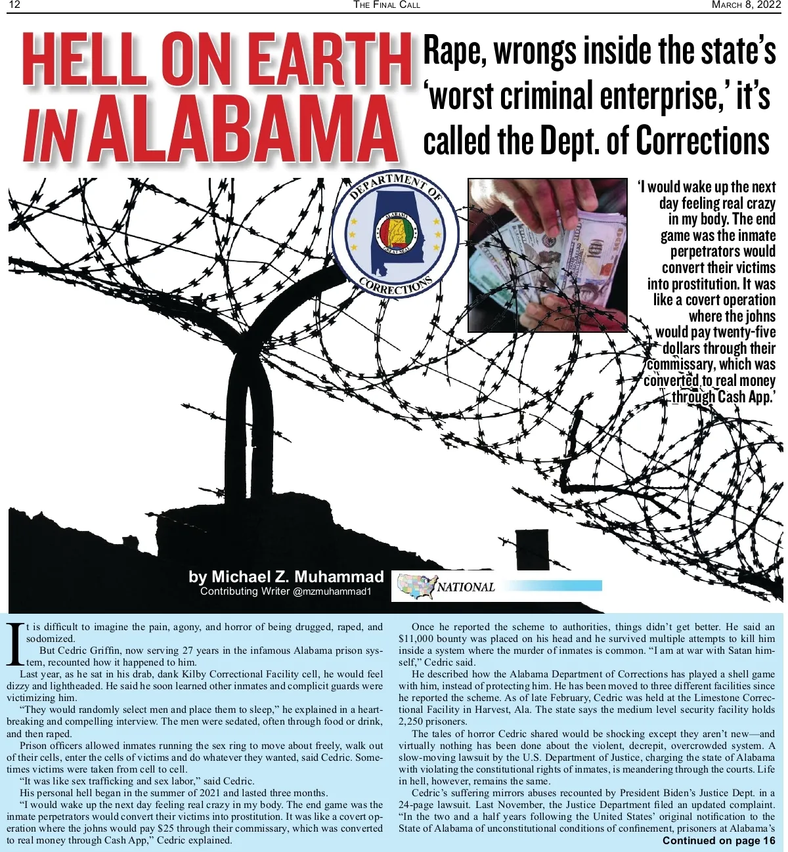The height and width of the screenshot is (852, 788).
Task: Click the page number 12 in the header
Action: click(14, 5)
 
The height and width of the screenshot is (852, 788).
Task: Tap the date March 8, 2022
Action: click(746, 5)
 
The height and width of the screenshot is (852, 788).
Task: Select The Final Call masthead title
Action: click(387, 5)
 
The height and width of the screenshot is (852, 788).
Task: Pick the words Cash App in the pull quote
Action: click(745, 397)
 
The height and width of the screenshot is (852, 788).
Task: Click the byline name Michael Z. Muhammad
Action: click(286, 577)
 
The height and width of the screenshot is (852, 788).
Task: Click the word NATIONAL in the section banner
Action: click(466, 587)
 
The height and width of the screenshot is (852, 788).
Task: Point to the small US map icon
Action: click(418, 586)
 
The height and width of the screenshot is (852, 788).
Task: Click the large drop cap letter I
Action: click(15, 643)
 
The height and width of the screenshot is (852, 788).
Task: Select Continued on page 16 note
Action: click(718, 841)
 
